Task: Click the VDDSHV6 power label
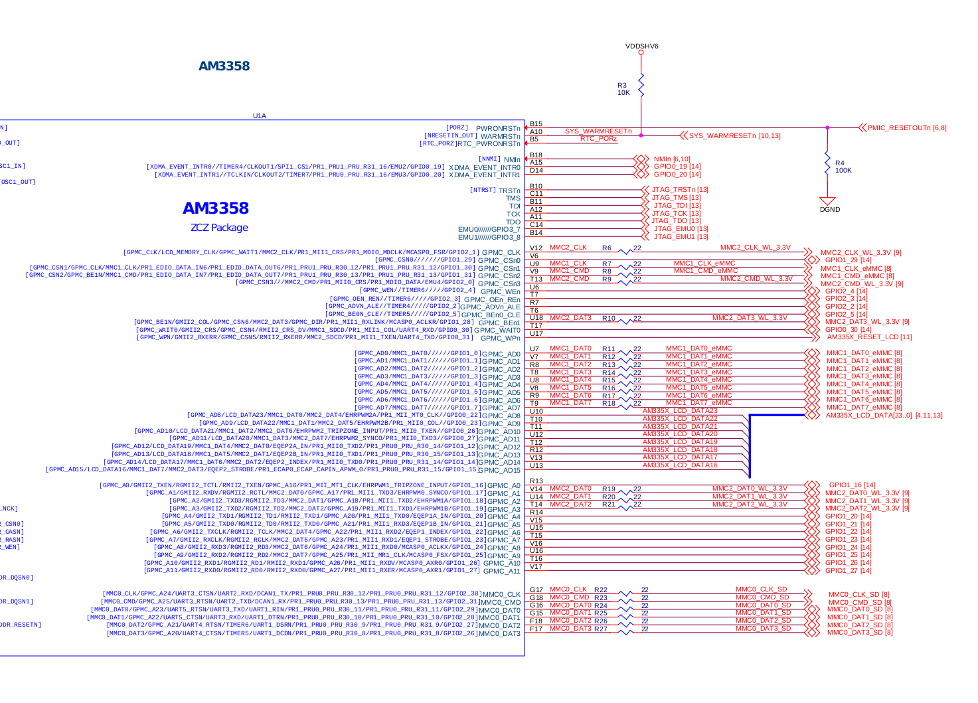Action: pyautogui.click(x=641, y=46)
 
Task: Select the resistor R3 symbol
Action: pyautogui.click(x=641, y=85)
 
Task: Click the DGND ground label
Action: pyautogui.click(x=829, y=209)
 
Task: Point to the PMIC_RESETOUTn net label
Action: pyautogui.click(x=906, y=127)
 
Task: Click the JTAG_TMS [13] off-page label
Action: pyautogui.click(x=676, y=197)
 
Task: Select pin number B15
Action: pyautogui.click(x=536, y=124)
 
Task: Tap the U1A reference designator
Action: pyautogui.click(x=259, y=116)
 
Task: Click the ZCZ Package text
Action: pyautogui.click(x=219, y=228)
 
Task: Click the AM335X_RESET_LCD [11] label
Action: pyautogui.click(x=869, y=337)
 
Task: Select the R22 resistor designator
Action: pyautogui.click(x=600, y=589)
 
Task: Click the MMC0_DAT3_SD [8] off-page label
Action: pyautogui.click(x=859, y=632)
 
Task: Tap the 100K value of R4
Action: pyautogui.click(x=843, y=171)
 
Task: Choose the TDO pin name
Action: pyautogui.click(x=513, y=222)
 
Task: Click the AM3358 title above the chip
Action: pyautogui.click(x=224, y=66)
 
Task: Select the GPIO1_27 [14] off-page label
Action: pyautogui.click(x=848, y=570)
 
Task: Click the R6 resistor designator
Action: pyautogui.click(x=606, y=248)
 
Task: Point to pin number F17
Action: pyautogui.click(x=536, y=629)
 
